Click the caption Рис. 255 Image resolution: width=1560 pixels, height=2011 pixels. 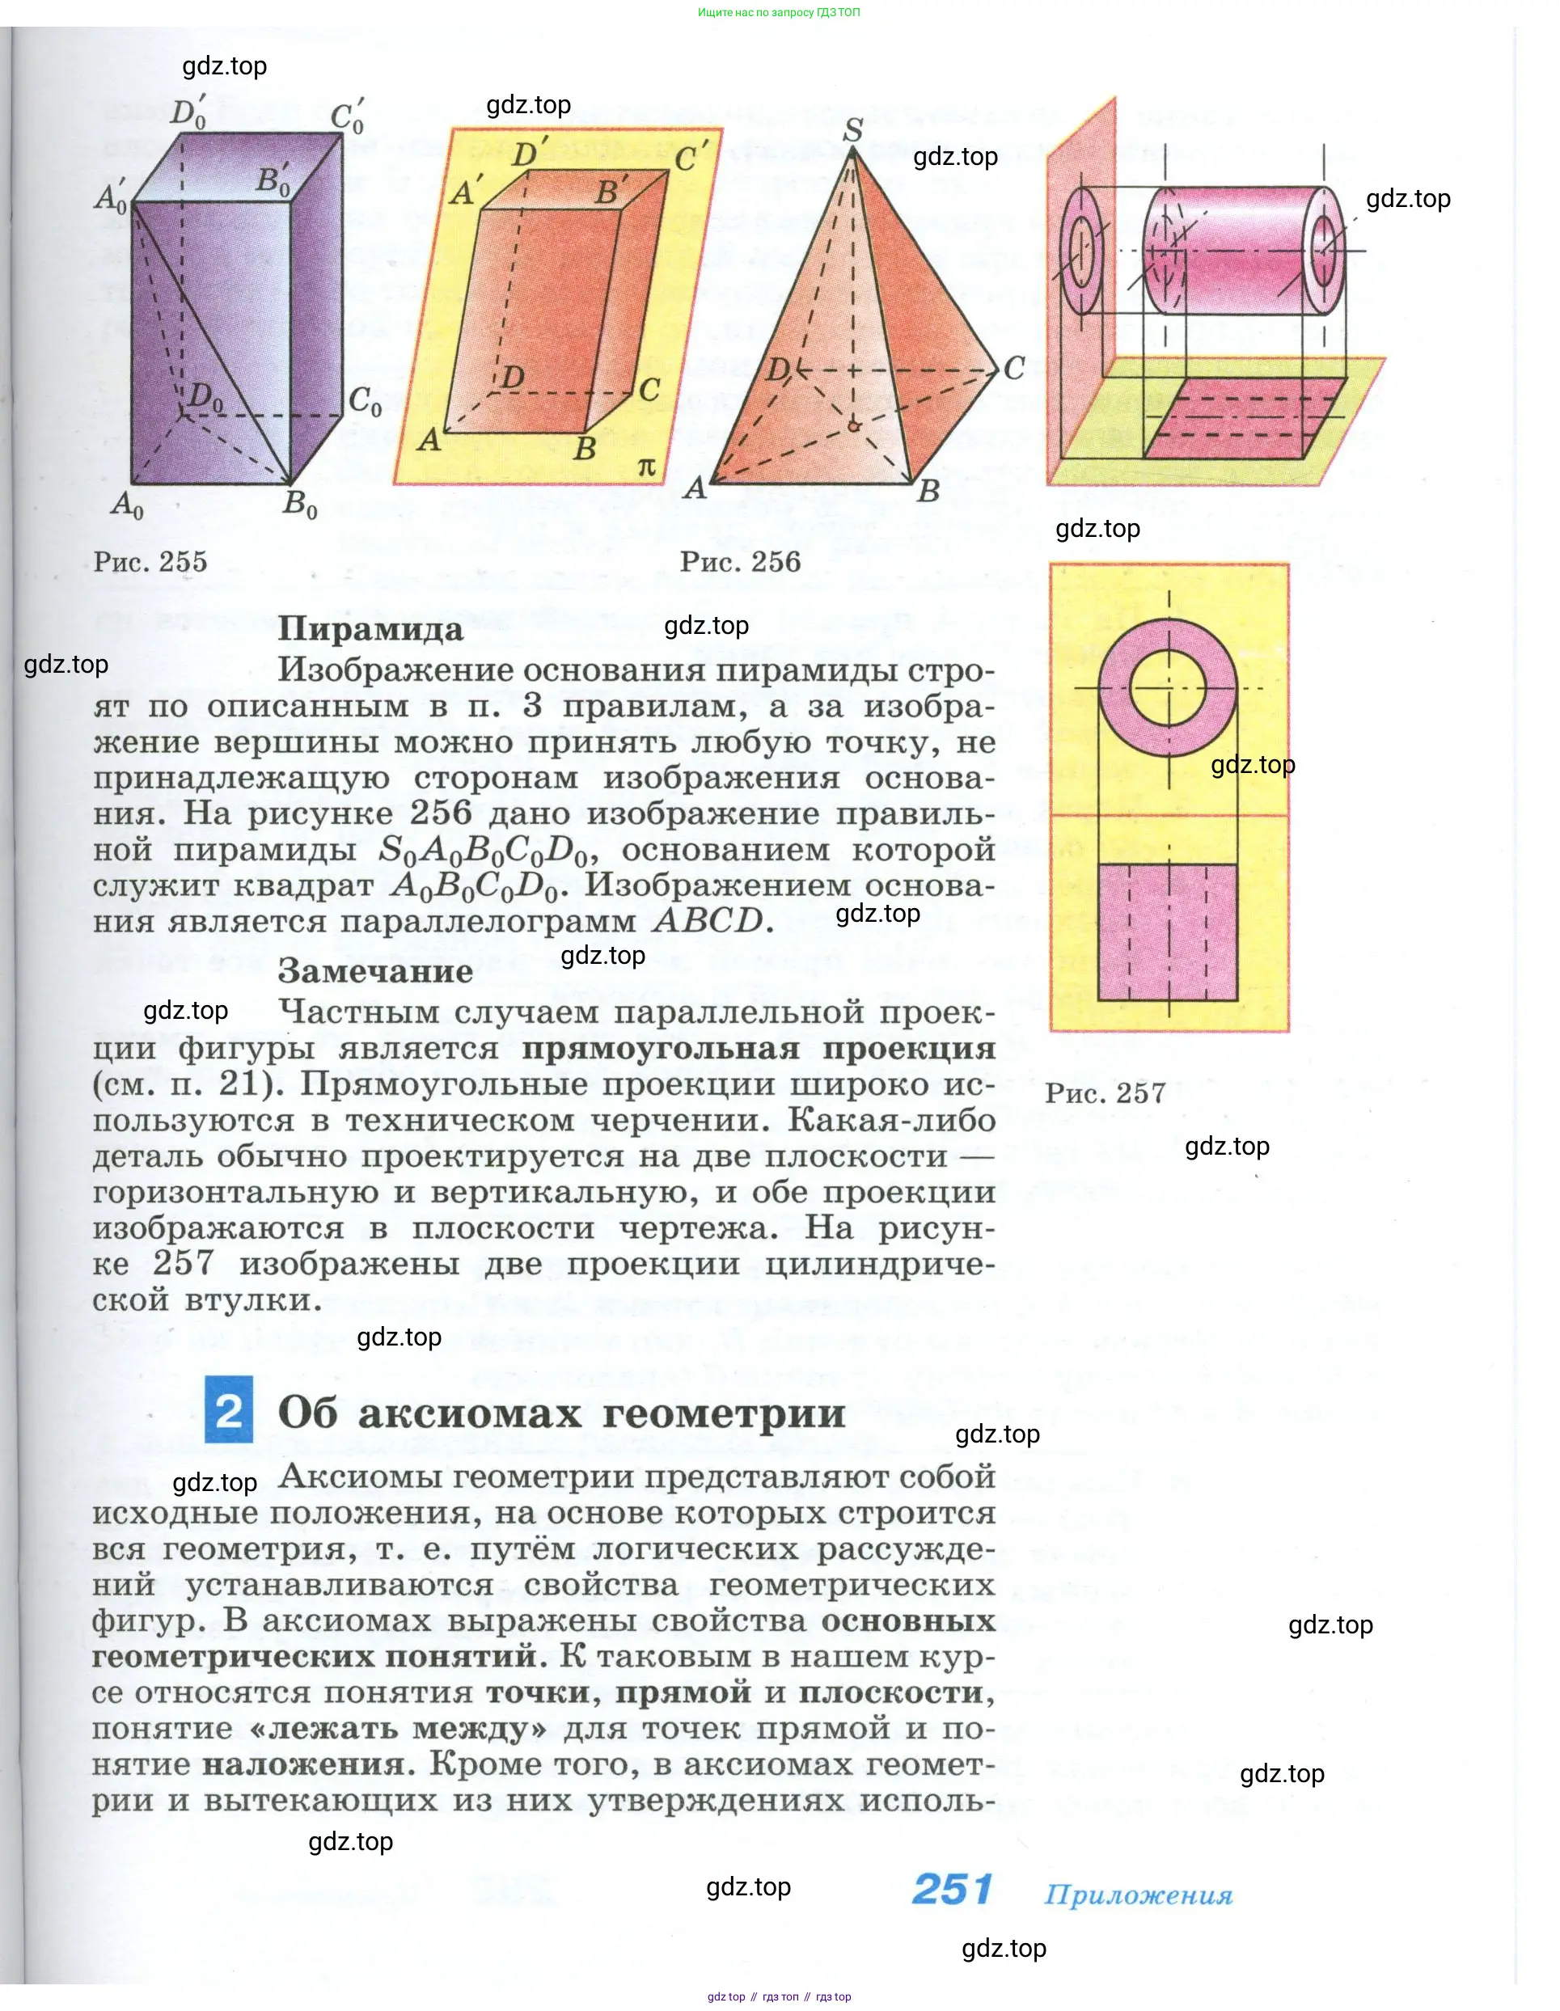pos(150,562)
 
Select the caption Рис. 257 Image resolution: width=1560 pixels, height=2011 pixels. pos(1105,1093)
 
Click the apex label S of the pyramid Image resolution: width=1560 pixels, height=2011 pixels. pos(852,130)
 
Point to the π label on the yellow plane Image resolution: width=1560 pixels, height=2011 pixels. pos(649,467)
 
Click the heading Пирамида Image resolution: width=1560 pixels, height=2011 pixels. pos(370,629)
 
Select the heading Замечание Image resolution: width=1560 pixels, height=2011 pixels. pos(374,970)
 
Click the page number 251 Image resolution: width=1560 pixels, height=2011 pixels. pos(951,1889)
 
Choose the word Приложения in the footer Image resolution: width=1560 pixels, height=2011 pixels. pos(1138,1894)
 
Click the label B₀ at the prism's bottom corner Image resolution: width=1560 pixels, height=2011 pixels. pos(299,505)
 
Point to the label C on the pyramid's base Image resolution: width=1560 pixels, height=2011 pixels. pos(1013,368)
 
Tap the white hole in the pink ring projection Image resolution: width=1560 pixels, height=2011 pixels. pos(1168,688)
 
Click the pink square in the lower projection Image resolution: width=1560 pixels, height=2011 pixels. pos(1168,932)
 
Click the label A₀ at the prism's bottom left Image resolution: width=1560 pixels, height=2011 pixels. pos(126,505)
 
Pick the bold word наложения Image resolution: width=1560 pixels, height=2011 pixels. pos(303,1764)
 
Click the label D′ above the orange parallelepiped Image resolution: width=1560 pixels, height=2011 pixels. pos(530,152)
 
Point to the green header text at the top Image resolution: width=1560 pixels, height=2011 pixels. pos(779,13)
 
